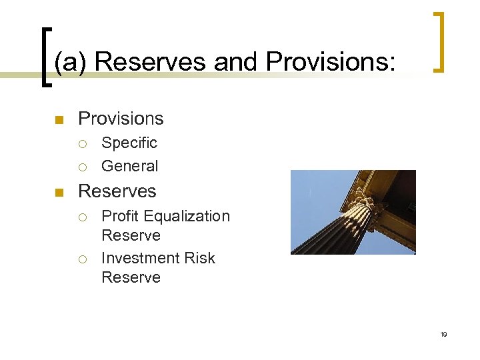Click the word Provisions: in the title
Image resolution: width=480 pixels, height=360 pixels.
coord(331,61)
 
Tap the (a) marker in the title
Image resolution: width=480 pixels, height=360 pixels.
coord(71,61)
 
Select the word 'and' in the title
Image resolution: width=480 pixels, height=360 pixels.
coord(237,61)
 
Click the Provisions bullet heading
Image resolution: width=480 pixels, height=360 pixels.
coord(121,119)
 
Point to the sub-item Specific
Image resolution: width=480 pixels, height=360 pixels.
coord(129,143)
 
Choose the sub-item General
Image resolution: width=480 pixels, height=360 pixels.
coord(129,166)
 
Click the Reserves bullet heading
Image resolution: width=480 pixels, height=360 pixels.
coord(117,191)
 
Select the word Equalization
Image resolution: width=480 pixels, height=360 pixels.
coord(187,216)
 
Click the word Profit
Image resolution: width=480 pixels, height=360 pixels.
coord(121,216)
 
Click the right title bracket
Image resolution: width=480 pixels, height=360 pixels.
coord(439,41)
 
